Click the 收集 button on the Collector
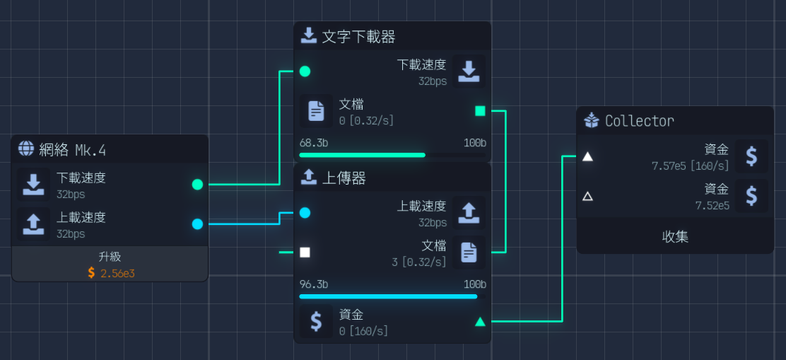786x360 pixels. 675,236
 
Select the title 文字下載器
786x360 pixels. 358,36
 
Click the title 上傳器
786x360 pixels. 344,178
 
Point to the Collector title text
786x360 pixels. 639,121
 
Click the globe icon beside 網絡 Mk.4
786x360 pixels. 26,149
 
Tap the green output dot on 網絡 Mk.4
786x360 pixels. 197,185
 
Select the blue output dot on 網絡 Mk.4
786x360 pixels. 197,224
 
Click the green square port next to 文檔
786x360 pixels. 480,111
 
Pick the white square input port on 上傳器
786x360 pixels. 305,252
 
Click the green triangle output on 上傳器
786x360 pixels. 480,322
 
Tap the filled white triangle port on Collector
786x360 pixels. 587,156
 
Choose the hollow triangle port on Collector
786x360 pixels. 587,196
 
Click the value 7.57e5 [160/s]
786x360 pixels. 690,166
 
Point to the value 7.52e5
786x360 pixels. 712,205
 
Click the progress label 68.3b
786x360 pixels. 313,143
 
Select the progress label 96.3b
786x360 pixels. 313,284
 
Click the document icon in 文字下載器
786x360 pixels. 316,111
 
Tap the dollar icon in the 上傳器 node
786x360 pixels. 316,322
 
